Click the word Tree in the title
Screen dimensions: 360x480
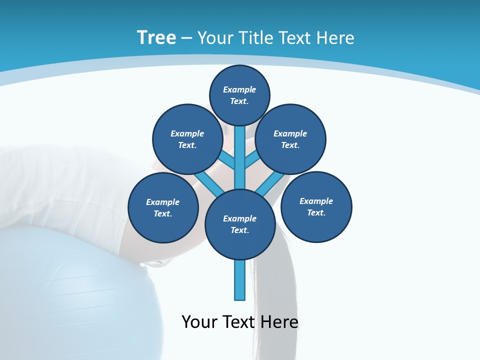coord(156,37)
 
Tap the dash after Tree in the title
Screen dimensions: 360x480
coord(186,38)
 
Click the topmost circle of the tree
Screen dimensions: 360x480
coord(239,95)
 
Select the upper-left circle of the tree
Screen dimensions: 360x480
coord(187,139)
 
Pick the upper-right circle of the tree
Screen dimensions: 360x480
coord(290,139)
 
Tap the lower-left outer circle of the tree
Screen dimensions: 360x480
coord(163,207)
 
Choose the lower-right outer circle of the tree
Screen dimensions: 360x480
coord(316,206)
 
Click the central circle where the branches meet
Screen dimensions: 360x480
coord(240,224)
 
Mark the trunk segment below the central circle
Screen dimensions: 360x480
coord(240,280)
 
